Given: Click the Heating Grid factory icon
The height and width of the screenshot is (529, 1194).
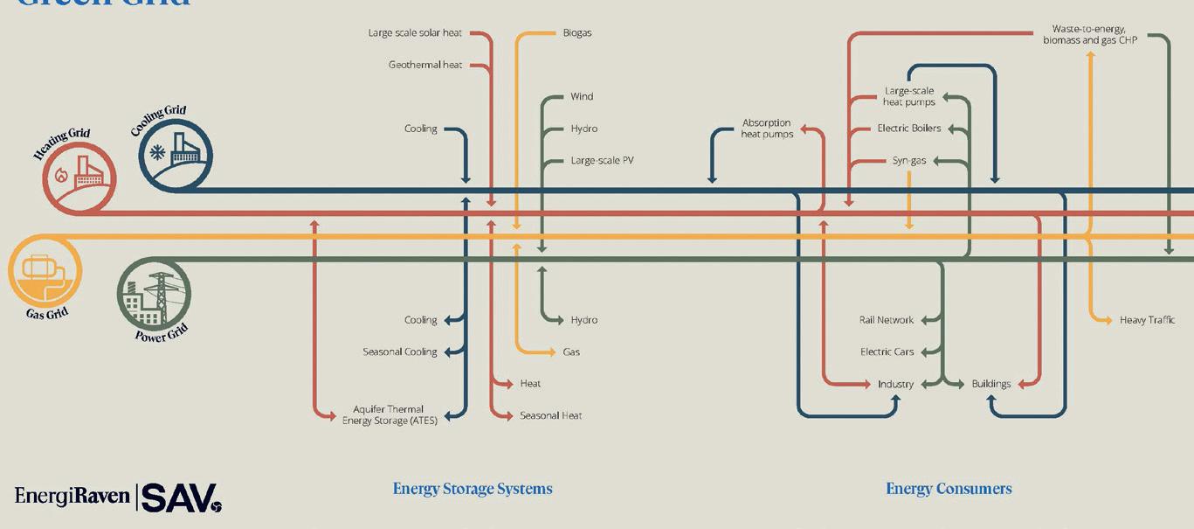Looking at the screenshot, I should pos(79,177).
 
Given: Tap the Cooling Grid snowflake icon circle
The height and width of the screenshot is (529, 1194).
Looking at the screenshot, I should pos(176,154).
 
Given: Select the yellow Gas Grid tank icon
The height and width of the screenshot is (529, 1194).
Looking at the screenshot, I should pos(45,270).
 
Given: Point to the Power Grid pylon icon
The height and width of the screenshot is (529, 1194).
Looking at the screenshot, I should pos(154,294).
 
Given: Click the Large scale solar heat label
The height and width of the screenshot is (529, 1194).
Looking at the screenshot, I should pos(415,33).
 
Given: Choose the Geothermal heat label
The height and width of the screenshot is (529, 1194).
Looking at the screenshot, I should pos(425,65).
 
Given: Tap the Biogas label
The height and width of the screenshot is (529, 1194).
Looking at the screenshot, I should pos(577,33).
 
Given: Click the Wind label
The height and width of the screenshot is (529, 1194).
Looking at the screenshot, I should pos(582,96).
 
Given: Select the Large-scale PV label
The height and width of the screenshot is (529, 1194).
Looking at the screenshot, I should pos(602,161).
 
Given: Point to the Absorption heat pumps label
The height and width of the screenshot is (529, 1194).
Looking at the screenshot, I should pos(767,129).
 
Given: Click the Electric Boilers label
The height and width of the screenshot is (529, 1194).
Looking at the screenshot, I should pos(909,129).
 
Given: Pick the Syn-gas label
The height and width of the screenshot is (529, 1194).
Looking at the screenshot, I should pos(909,161).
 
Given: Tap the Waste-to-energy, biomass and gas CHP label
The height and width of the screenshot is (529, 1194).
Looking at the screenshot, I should pos(1089,35).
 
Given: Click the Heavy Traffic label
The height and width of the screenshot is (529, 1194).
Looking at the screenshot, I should pos(1147,320).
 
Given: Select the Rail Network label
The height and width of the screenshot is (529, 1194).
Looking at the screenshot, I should pos(886,320).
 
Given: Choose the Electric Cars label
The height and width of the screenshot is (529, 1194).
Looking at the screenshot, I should pos(887,352).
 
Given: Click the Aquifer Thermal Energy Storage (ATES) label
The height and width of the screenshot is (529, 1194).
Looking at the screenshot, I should pos(389,414).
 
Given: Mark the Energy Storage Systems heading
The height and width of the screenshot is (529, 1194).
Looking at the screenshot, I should pos(473,489).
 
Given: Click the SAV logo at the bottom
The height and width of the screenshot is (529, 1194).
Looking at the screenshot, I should pos(182,498).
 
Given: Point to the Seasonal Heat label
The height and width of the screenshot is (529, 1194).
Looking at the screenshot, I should pos(550,415).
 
